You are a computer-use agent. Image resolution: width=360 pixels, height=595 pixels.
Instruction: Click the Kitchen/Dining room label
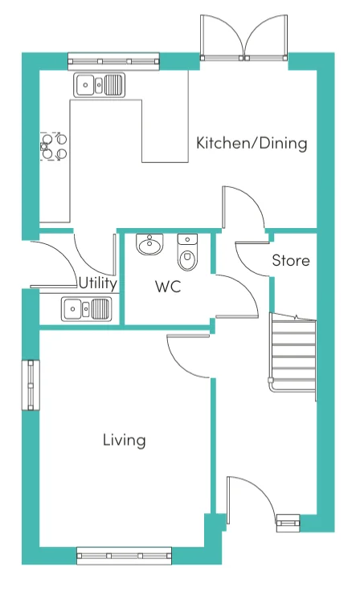pyautogui.click(x=252, y=144)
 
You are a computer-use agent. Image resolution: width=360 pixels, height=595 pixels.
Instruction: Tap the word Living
pyautogui.click(x=125, y=440)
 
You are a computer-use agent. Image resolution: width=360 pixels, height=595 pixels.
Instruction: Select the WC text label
pyautogui.click(x=168, y=287)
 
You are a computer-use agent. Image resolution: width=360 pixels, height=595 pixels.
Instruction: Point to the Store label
pyautogui.click(x=291, y=260)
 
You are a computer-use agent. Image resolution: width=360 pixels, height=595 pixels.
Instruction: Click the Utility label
pyautogui.click(x=97, y=283)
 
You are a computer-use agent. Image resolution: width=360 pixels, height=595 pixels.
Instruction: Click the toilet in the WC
pyautogui.click(x=187, y=252)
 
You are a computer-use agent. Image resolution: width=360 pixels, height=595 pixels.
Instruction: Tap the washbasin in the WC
pyautogui.click(x=149, y=244)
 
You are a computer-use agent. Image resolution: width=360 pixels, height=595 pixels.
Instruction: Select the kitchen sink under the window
pyautogui.click(x=99, y=84)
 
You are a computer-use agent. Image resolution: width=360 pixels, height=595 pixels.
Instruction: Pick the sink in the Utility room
pyautogui.click(x=87, y=308)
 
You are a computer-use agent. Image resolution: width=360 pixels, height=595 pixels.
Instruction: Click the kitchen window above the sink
pyautogui.click(x=113, y=61)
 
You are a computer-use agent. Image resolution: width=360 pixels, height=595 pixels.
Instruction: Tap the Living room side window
pyautogui.click(x=31, y=385)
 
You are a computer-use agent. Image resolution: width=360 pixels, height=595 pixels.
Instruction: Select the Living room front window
pyautogui.click(x=124, y=556)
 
